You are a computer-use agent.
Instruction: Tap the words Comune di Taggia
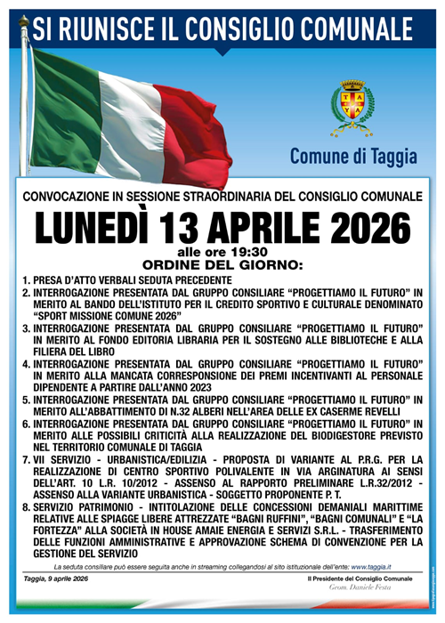pos(352,157)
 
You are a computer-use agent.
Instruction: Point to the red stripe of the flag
pos(191,133)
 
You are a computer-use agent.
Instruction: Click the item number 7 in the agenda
pos(27,460)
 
